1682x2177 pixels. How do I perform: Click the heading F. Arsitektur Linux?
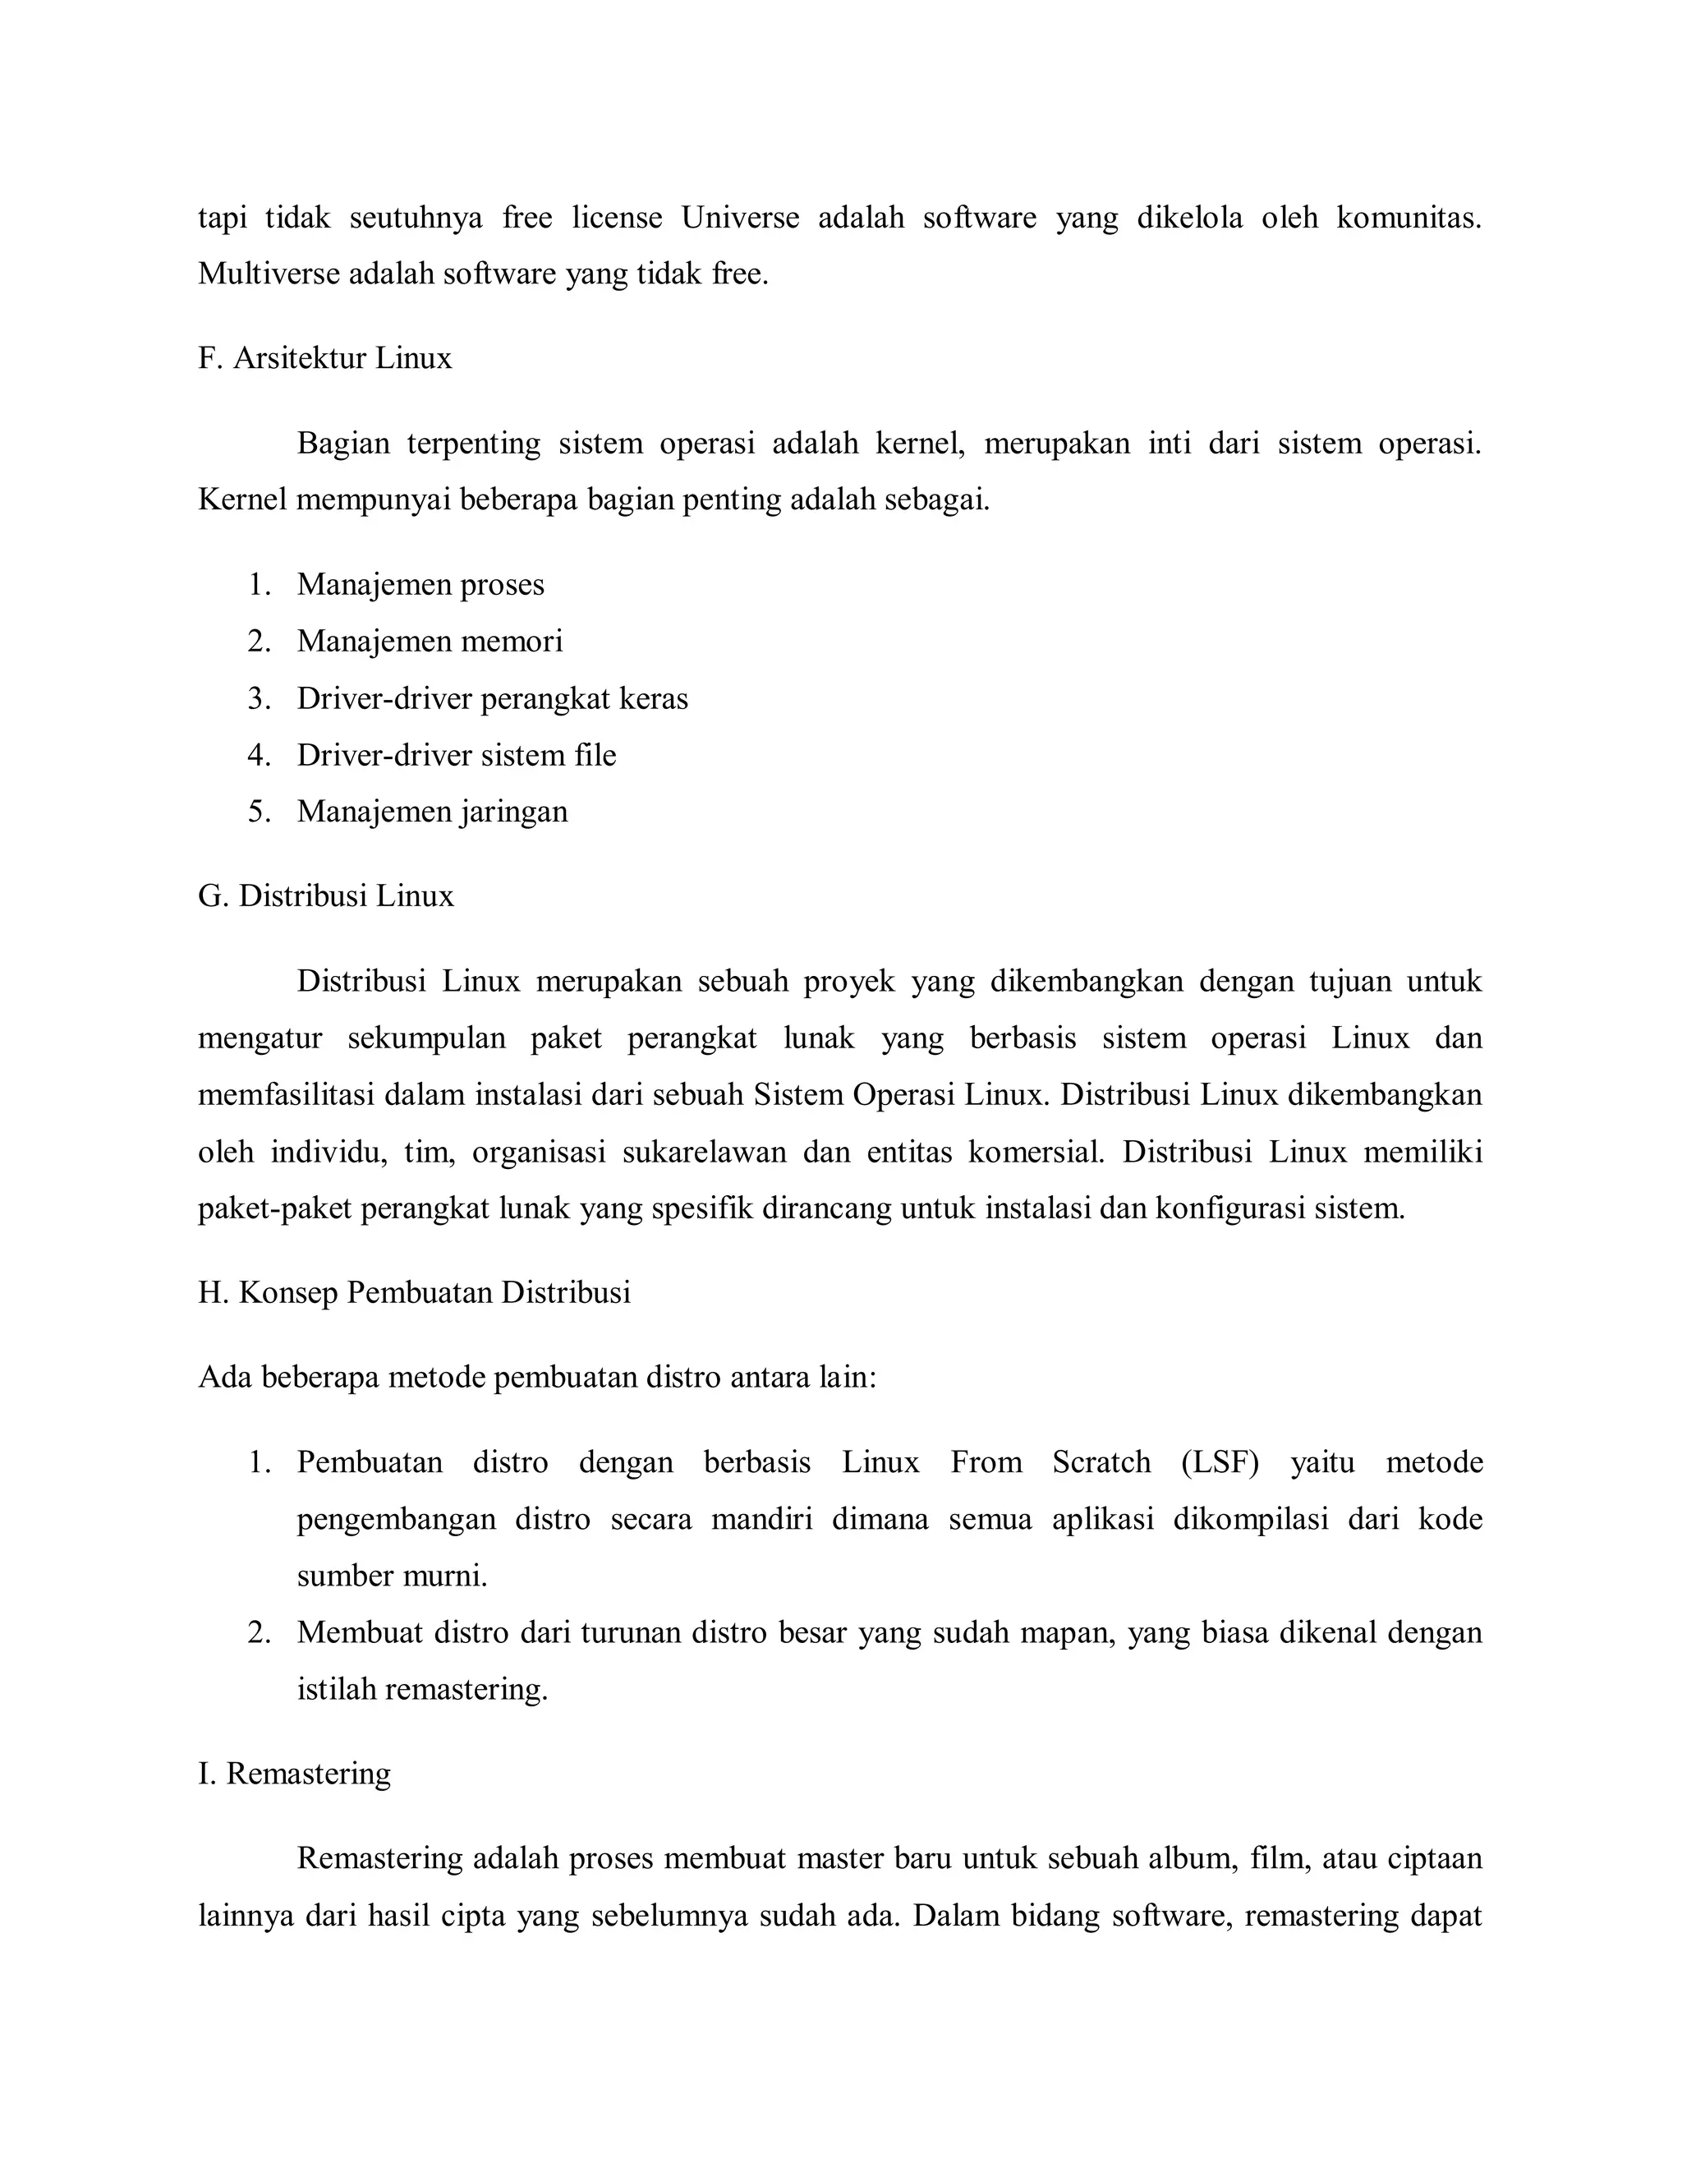click(325, 358)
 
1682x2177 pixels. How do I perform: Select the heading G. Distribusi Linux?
click(326, 895)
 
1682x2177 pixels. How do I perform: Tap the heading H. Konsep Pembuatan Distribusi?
click(415, 1293)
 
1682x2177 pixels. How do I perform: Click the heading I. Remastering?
click(295, 1774)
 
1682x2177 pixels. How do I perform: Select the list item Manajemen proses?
click(420, 584)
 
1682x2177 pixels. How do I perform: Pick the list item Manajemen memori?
click(430, 641)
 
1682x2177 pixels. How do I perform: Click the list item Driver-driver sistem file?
click(457, 755)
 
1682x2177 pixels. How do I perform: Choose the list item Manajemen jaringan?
click(433, 812)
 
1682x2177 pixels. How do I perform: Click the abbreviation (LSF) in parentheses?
click(1220, 1462)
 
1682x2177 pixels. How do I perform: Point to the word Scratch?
click(1101, 1462)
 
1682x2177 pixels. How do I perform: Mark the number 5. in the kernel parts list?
click(259, 812)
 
